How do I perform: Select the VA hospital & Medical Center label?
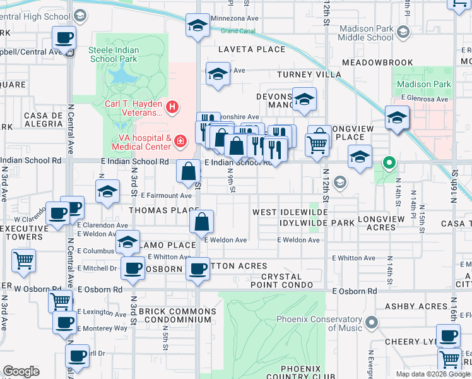click(x=140, y=142)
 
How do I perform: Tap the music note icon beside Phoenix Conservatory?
click(x=370, y=323)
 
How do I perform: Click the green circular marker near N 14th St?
click(x=389, y=163)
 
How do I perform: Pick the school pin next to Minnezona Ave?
click(x=198, y=26)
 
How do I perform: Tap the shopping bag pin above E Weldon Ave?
click(x=201, y=222)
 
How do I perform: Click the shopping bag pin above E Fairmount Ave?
click(x=189, y=171)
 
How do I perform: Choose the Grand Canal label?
click(x=237, y=30)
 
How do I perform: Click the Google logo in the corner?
click(x=20, y=371)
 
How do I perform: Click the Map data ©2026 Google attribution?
click(x=432, y=374)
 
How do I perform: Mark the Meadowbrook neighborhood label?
click(x=377, y=63)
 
